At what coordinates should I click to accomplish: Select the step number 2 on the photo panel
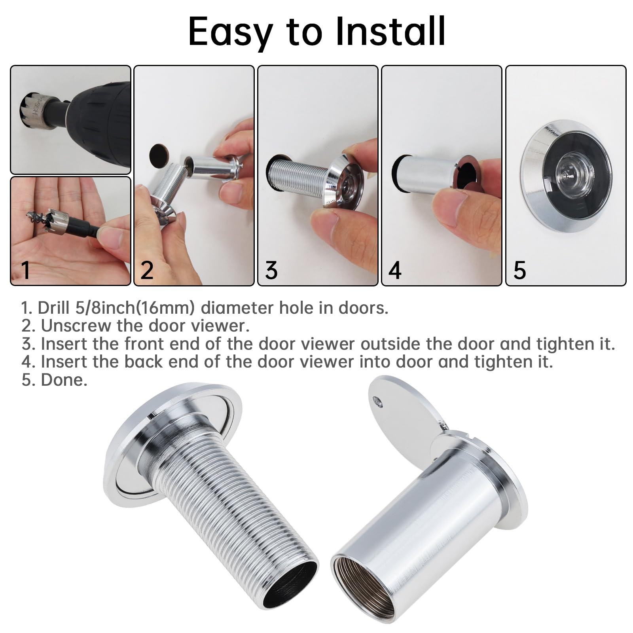(147, 270)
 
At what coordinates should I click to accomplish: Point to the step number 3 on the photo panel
(271, 270)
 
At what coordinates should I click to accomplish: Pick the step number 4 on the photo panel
(395, 270)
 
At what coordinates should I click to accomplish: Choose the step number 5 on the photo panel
(519, 270)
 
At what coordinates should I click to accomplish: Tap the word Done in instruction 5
(64, 380)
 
